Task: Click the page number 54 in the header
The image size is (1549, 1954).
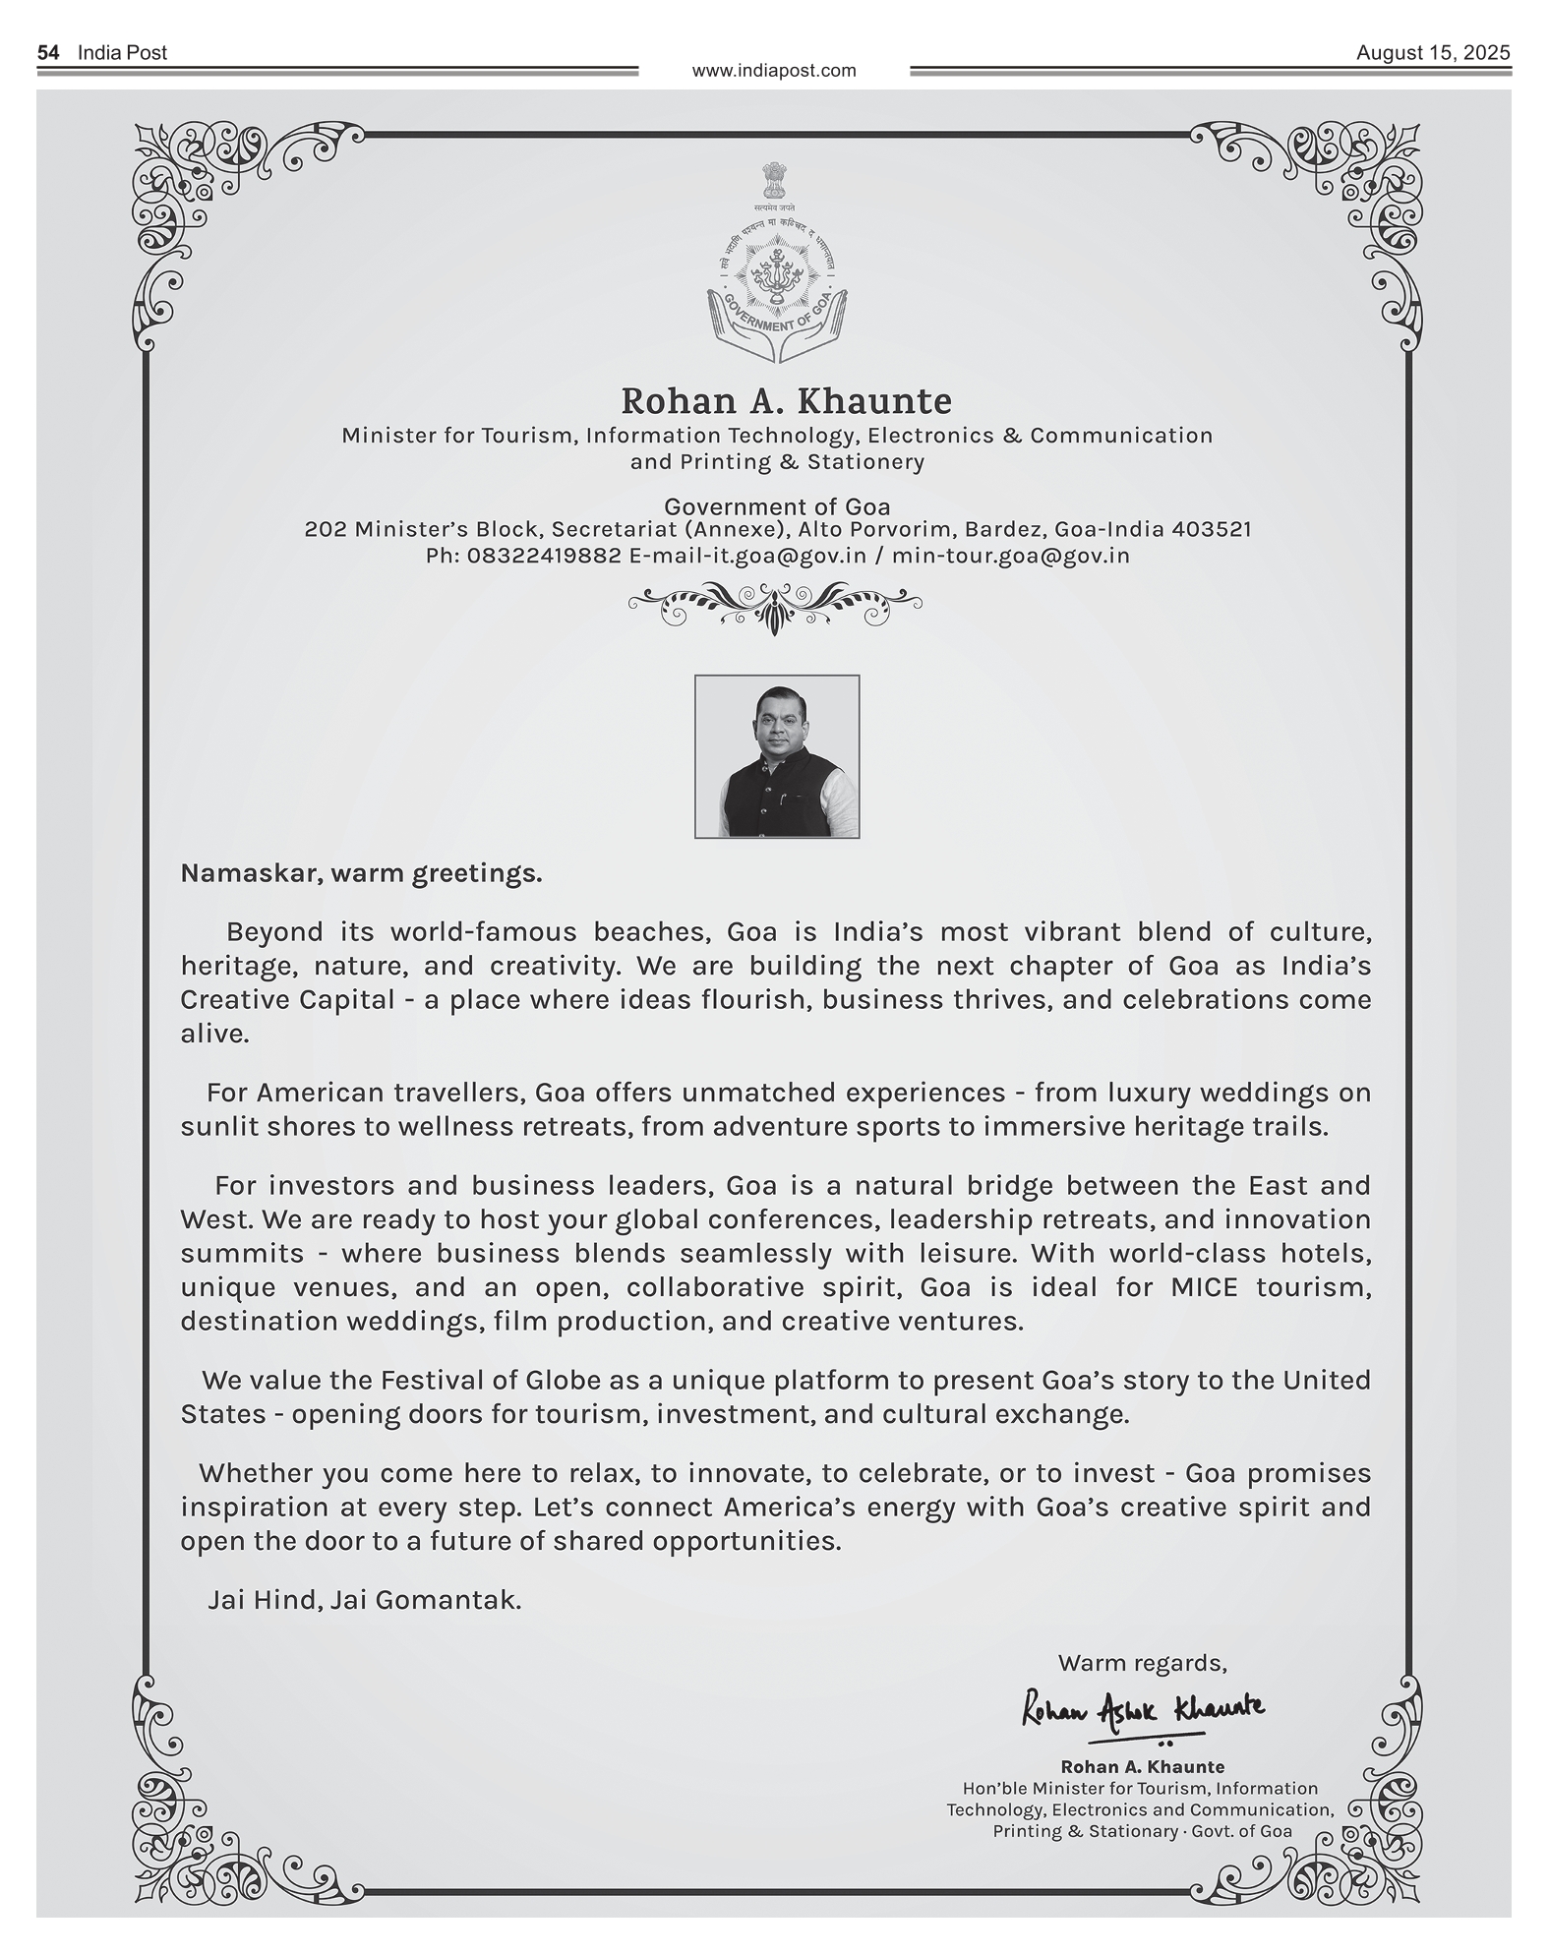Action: [48, 53]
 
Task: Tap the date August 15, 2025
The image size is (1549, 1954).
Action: [1432, 53]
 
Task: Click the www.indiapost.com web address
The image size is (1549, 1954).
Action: [774, 71]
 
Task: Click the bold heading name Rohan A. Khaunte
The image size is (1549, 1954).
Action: [786, 401]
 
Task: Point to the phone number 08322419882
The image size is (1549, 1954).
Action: [544, 556]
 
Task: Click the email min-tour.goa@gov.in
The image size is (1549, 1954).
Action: [1010, 556]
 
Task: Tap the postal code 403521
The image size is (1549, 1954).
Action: [1213, 529]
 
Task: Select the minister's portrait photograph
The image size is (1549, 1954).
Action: [777, 756]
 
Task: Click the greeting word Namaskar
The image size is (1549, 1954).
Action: [245, 873]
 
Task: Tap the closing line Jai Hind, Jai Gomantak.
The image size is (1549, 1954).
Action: [364, 1600]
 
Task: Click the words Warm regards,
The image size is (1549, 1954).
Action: [1142, 1663]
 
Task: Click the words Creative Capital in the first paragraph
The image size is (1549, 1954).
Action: [287, 1000]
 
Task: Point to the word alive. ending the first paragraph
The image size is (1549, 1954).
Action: [214, 1034]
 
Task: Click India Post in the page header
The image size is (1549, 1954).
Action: [122, 53]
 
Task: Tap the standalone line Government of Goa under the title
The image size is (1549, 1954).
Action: [777, 506]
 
